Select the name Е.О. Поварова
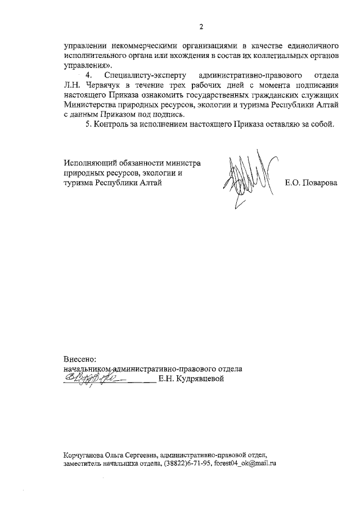311,183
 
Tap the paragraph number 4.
88,75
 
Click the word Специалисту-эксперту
141,75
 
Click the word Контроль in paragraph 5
111,124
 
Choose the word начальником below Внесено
88,369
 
